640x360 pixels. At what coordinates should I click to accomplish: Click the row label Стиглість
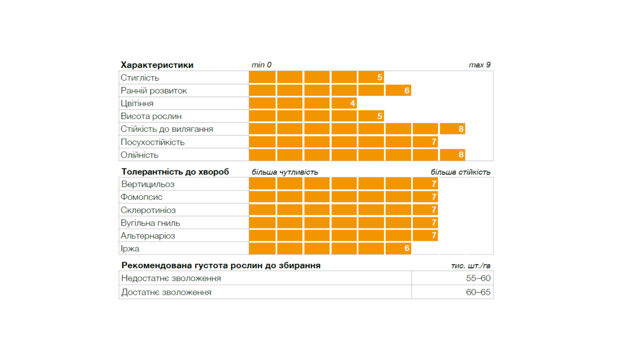(x=140, y=78)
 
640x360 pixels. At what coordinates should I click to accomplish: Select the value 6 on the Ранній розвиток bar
(x=407, y=91)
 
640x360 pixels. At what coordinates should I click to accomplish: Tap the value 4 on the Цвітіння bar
(x=353, y=103)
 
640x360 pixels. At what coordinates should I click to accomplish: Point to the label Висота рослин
(x=151, y=116)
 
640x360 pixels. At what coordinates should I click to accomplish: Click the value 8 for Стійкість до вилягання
(x=461, y=129)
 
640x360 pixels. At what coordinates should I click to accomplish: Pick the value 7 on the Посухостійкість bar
(x=434, y=142)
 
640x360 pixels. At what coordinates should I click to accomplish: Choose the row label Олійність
(x=140, y=155)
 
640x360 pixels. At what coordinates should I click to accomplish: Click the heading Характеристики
(x=157, y=65)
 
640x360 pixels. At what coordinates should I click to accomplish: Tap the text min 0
(x=261, y=65)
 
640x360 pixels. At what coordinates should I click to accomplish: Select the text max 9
(x=479, y=65)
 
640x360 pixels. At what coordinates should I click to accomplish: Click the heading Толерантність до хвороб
(x=175, y=172)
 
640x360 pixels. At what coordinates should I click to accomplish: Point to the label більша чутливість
(x=285, y=172)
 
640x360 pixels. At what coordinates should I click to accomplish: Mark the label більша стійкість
(x=460, y=172)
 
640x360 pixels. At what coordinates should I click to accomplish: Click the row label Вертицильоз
(x=148, y=185)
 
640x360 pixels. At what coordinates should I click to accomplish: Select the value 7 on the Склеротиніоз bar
(x=434, y=210)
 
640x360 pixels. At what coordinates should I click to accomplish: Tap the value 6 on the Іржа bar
(x=407, y=249)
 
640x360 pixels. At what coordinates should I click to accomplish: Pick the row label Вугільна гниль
(x=150, y=223)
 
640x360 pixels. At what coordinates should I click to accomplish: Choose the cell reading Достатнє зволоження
(x=166, y=292)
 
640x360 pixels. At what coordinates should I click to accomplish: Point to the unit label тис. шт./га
(x=471, y=266)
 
